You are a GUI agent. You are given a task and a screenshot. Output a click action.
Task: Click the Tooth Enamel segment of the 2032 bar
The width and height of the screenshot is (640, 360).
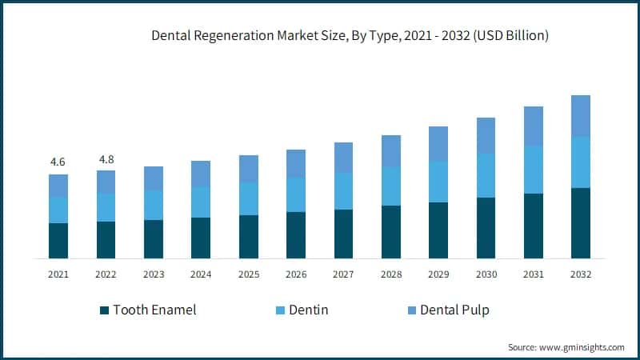(x=581, y=223)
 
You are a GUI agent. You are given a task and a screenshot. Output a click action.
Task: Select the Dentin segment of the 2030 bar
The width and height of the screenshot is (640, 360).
(x=486, y=175)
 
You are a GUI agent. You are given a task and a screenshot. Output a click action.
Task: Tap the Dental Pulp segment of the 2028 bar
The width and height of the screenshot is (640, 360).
(x=390, y=151)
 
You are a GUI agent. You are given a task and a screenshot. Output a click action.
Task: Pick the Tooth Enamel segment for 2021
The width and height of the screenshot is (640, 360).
(x=58, y=241)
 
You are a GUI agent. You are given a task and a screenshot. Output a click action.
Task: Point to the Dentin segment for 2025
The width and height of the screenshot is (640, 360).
(x=248, y=198)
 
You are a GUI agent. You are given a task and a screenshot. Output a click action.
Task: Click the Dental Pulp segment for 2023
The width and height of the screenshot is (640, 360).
(x=154, y=178)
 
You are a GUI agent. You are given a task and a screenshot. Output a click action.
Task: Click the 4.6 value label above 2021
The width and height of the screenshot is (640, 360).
(x=58, y=162)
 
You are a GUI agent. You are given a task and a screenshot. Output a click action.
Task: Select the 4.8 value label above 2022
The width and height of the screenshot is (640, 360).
(x=106, y=158)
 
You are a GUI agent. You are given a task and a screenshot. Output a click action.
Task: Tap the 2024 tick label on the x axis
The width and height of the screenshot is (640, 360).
(x=201, y=274)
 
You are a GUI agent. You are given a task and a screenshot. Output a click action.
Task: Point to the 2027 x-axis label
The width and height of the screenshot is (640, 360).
(x=343, y=274)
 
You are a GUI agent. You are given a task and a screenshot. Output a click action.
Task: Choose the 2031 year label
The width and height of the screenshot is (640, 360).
(x=533, y=274)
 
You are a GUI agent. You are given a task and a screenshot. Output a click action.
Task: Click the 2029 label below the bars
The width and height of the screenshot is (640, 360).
(x=438, y=274)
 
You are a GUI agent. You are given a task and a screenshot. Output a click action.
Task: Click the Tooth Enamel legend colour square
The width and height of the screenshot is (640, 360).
(x=104, y=310)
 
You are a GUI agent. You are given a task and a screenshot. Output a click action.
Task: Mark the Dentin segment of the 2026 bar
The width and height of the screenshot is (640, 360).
(x=296, y=194)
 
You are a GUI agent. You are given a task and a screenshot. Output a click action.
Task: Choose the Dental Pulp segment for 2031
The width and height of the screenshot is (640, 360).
(x=533, y=126)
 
